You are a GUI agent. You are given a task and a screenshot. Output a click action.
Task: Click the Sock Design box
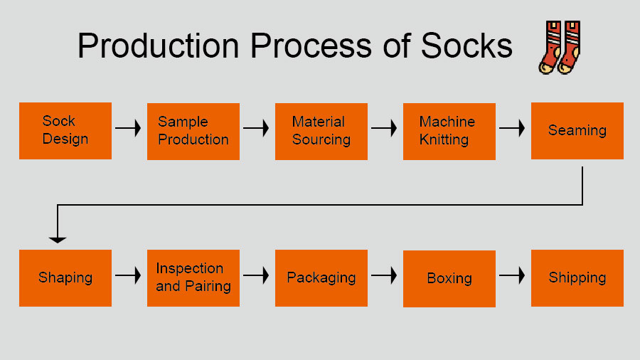point(65,131)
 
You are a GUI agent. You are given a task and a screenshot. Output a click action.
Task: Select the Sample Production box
point(193,131)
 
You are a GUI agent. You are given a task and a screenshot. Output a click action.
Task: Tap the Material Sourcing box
point(321,131)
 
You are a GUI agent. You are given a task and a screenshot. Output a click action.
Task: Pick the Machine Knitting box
point(449,131)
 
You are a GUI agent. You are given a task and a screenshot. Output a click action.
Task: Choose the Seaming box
point(577,131)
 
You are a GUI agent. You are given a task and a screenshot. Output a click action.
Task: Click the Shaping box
point(65,277)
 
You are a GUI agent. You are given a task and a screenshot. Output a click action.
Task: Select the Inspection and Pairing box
point(193,277)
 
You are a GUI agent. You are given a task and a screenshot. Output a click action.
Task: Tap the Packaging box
point(321,277)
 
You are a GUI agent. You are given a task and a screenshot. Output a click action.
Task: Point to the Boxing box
point(449,278)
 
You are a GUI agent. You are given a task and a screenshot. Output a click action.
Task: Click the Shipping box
point(577,277)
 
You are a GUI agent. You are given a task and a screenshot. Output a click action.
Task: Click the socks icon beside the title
point(560,47)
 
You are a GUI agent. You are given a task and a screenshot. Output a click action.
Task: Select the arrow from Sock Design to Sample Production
point(129,129)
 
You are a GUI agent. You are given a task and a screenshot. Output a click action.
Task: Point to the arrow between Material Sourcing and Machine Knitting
point(384,129)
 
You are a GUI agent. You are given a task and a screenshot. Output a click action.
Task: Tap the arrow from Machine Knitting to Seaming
point(512,129)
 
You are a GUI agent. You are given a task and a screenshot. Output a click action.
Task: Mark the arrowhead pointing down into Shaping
point(58,239)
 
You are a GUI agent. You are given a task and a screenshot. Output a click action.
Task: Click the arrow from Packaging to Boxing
point(384,275)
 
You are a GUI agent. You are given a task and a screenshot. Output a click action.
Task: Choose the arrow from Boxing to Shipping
point(512,275)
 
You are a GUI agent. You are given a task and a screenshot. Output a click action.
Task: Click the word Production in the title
point(158,46)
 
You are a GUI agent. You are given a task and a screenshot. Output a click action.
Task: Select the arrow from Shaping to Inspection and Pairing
point(129,275)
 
